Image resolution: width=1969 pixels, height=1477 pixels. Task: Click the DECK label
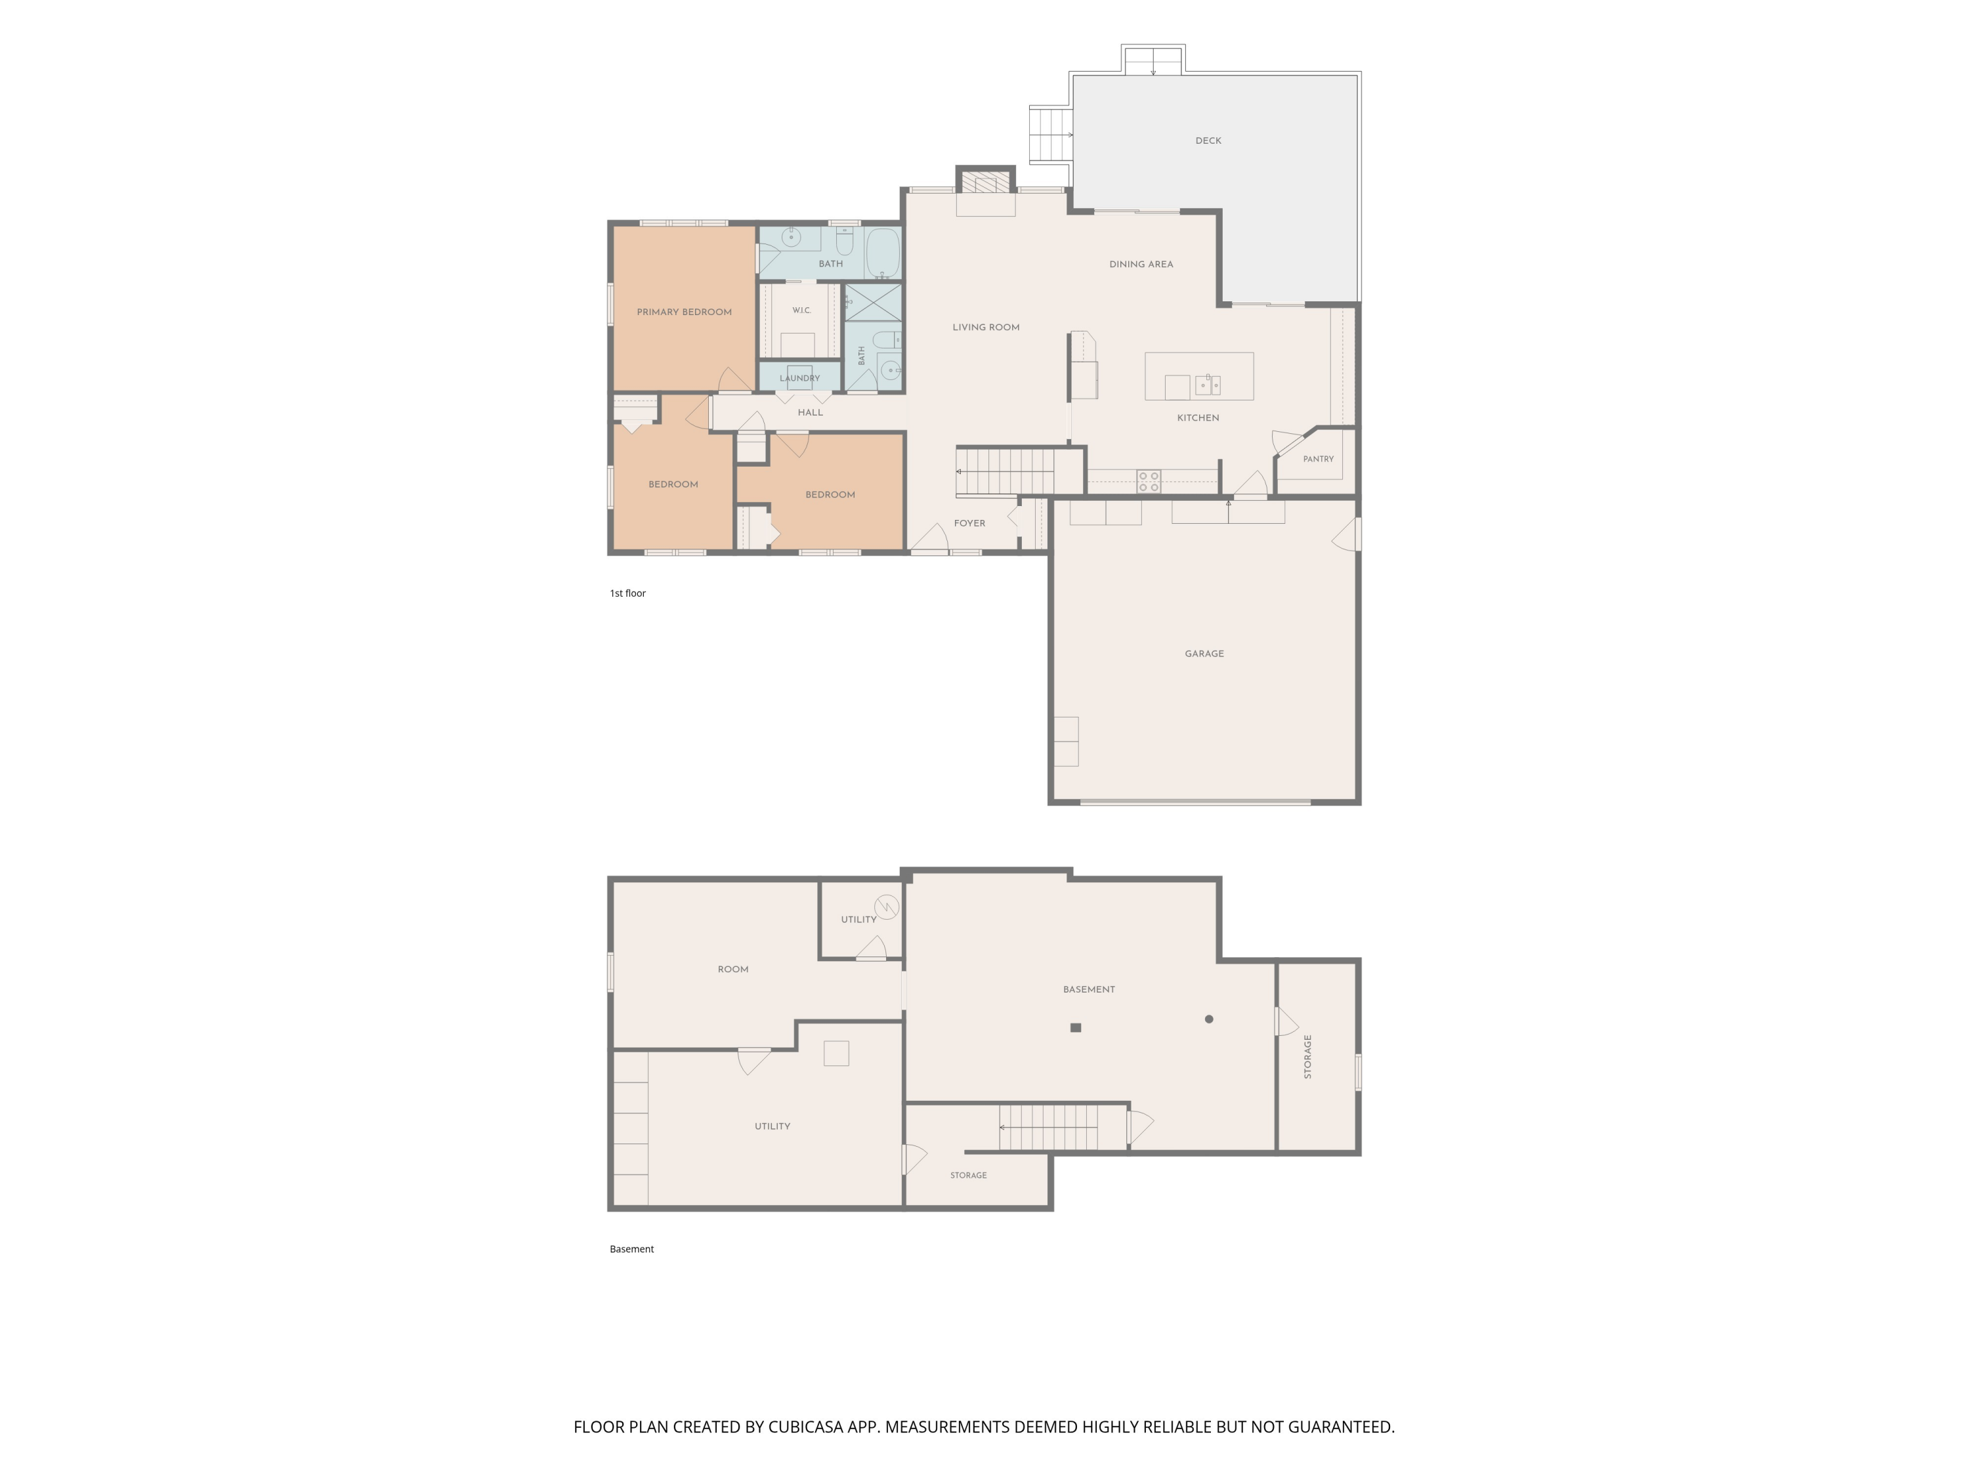[x=1208, y=140]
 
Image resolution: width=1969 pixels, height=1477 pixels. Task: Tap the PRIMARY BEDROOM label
[x=684, y=312]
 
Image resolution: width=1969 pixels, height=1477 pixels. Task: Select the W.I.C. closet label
[x=801, y=310]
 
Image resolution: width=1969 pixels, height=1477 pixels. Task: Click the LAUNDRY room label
[x=799, y=378]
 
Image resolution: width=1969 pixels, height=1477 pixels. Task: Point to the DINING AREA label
[x=1141, y=265]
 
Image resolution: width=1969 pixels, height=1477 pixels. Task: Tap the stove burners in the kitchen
[x=1149, y=482]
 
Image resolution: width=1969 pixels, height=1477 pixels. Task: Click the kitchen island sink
[x=1208, y=385]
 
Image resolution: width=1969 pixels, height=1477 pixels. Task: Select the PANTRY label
[x=1319, y=460]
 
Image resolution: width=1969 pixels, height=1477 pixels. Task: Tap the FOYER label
[x=969, y=523]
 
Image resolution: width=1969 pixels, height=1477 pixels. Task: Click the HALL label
[x=810, y=413]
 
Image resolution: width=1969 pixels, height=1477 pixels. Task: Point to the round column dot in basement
[x=1209, y=1019]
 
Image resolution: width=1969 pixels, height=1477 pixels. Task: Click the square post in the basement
[x=1075, y=1027]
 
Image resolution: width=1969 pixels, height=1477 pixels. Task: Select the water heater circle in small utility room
[x=887, y=907]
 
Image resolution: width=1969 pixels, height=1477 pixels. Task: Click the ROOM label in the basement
[x=732, y=970]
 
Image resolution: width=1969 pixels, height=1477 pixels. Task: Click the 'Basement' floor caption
[x=632, y=1249]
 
